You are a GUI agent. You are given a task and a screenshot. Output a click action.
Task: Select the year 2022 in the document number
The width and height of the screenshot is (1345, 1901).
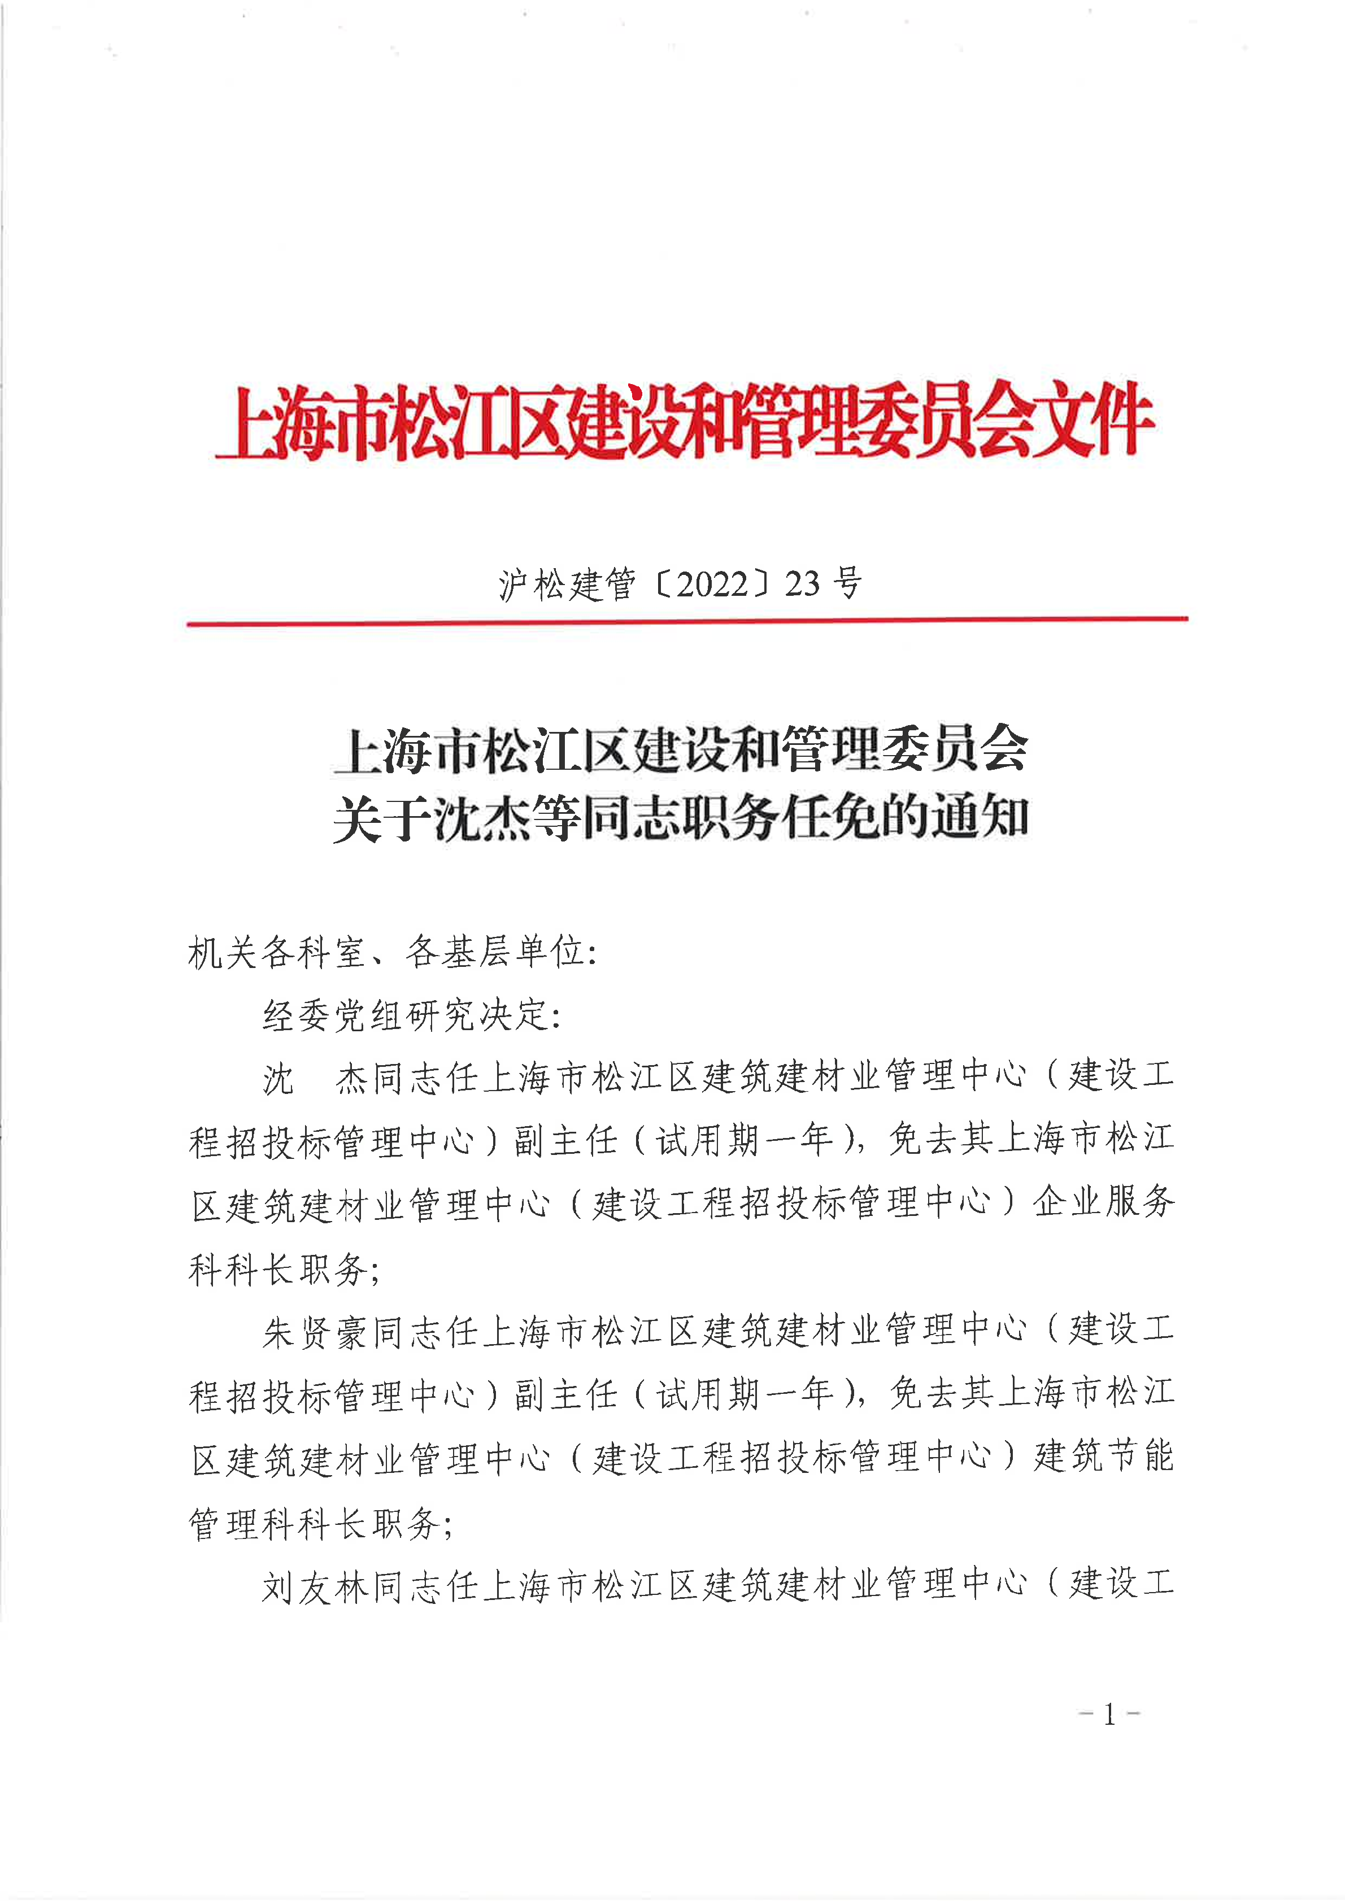(x=712, y=585)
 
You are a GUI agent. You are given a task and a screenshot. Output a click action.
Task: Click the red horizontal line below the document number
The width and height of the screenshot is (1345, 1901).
(x=687, y=620)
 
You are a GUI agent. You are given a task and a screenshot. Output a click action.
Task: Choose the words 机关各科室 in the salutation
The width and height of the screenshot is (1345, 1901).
(x=277, y=952)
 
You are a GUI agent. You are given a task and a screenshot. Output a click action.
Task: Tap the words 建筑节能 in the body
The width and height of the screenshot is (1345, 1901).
(x=1103, y=1457)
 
